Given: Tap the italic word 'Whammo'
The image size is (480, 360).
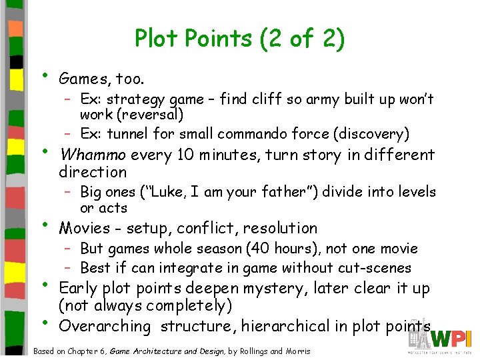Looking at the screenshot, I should [x=93, y=155].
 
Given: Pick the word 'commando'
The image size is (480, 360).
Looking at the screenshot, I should [x=261, y=133].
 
